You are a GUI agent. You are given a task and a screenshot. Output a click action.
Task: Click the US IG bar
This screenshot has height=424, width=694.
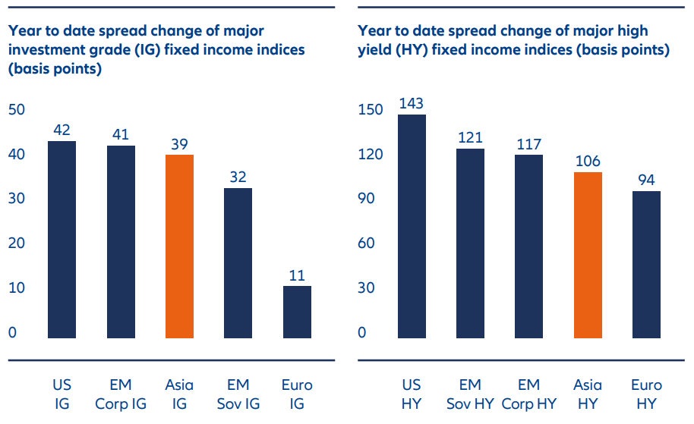62,239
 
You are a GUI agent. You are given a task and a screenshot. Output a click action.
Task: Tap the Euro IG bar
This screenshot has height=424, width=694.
297,311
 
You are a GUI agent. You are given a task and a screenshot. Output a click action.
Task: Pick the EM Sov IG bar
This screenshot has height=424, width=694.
238,262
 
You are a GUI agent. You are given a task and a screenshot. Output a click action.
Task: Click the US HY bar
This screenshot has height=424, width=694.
412,226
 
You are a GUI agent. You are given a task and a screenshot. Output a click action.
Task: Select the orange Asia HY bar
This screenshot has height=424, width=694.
588,255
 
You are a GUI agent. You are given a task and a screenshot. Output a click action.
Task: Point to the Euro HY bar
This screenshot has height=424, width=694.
646,264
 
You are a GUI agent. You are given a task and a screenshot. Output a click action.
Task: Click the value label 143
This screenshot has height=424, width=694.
411,103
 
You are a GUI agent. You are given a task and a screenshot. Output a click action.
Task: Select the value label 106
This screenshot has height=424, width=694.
588,161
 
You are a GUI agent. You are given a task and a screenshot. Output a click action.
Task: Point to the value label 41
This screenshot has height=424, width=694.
120,133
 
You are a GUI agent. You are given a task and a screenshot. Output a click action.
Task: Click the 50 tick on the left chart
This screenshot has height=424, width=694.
17,110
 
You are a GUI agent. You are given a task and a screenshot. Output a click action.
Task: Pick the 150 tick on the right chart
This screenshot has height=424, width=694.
371,110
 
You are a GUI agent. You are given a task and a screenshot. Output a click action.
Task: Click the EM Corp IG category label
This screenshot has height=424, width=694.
120,395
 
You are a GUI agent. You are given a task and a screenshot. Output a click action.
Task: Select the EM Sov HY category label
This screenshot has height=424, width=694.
470,395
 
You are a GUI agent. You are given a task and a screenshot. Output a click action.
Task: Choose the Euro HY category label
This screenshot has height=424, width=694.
646,395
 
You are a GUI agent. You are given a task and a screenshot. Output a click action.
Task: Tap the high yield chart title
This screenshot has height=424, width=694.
513,40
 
